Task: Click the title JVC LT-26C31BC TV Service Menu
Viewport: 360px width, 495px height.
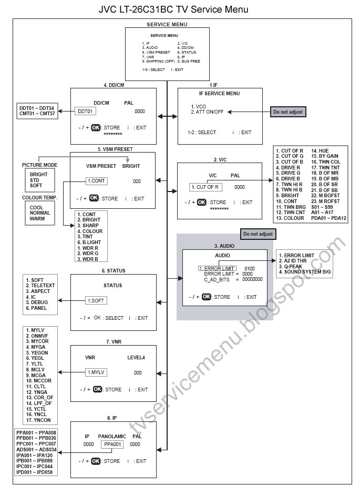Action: coord(173,9)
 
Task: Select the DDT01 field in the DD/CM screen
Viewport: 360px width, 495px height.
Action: coord(86,112)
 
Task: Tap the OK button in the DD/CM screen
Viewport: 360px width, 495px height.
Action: coord(96,127)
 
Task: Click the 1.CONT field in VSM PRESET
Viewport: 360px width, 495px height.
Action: coord(96,181)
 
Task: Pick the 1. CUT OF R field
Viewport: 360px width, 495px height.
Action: coord(206,187)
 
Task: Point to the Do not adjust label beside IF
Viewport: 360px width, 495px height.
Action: coord(287,112)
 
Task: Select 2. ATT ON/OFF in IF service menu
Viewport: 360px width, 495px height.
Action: coord(208,112)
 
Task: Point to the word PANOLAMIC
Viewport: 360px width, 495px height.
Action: coord(112,437)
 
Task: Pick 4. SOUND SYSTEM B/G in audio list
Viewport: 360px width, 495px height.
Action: coord(304,272)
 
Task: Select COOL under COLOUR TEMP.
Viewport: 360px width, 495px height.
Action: coord(37,208)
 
